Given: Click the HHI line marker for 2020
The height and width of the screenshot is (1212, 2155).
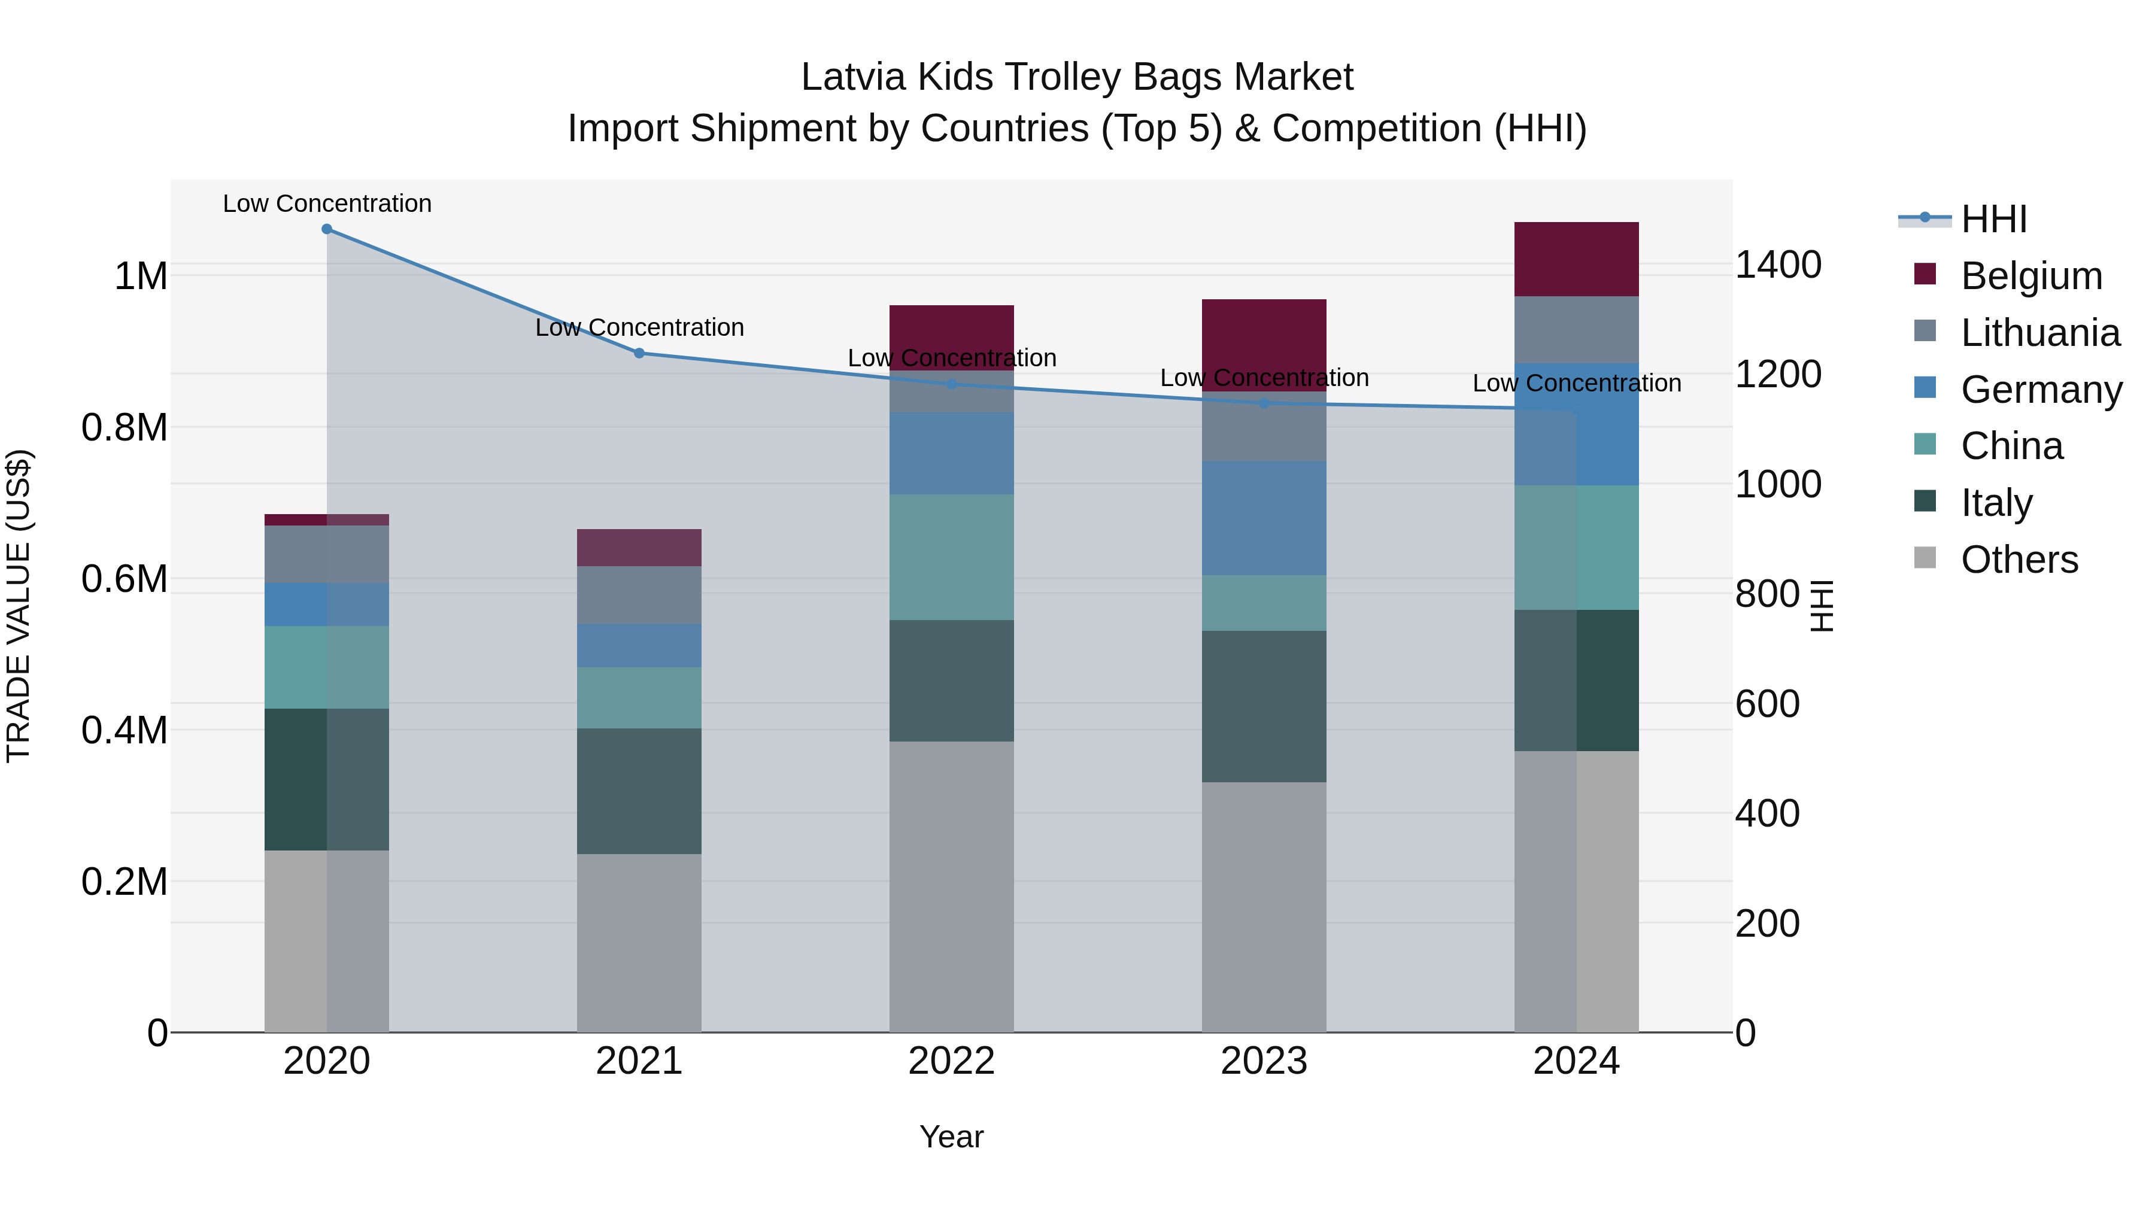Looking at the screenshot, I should pyautogui.click(x=326, y=229).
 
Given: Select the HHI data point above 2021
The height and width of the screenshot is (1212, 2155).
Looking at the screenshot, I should pyautogui.click(x=639, y=353).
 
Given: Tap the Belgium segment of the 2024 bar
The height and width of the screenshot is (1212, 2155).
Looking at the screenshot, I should pyautogui.click(x=1576, y=259).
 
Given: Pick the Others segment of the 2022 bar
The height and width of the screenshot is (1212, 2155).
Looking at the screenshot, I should pyautogui.click(x=951, y=886).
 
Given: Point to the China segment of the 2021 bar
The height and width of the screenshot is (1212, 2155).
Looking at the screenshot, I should pyautogui.click(x=639, y=698).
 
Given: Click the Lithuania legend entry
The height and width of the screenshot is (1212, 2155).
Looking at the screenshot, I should pyautogui.click(x=2039, y=333).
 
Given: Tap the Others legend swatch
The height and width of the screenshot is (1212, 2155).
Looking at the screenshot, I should pyautogui.click(x=1925, y=558).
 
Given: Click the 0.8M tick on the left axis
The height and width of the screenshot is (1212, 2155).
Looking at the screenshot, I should pyautogui.click(x=124, y=429).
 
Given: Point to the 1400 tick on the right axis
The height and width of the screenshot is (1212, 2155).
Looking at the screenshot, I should pyautogui.click(x=1778, y=265).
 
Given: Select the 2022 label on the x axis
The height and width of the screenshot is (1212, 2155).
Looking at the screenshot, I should pyautogui.click(x=951, y=1061).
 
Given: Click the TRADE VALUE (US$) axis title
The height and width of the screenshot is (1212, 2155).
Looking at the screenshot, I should pyautogui.click(x=19, y=606).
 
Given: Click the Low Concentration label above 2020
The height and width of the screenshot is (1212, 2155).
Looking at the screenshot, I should pyautogui.click(x=327, y=203).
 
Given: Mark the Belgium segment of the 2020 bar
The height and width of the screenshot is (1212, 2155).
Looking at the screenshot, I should pyautogui.click(x=326, y=520).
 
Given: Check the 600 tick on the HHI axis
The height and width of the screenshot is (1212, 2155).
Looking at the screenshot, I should pyautogui.click(x=1767, y=704).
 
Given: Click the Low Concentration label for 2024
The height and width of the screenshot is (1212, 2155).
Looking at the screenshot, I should pyautogui.click(x=1576, y=383).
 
